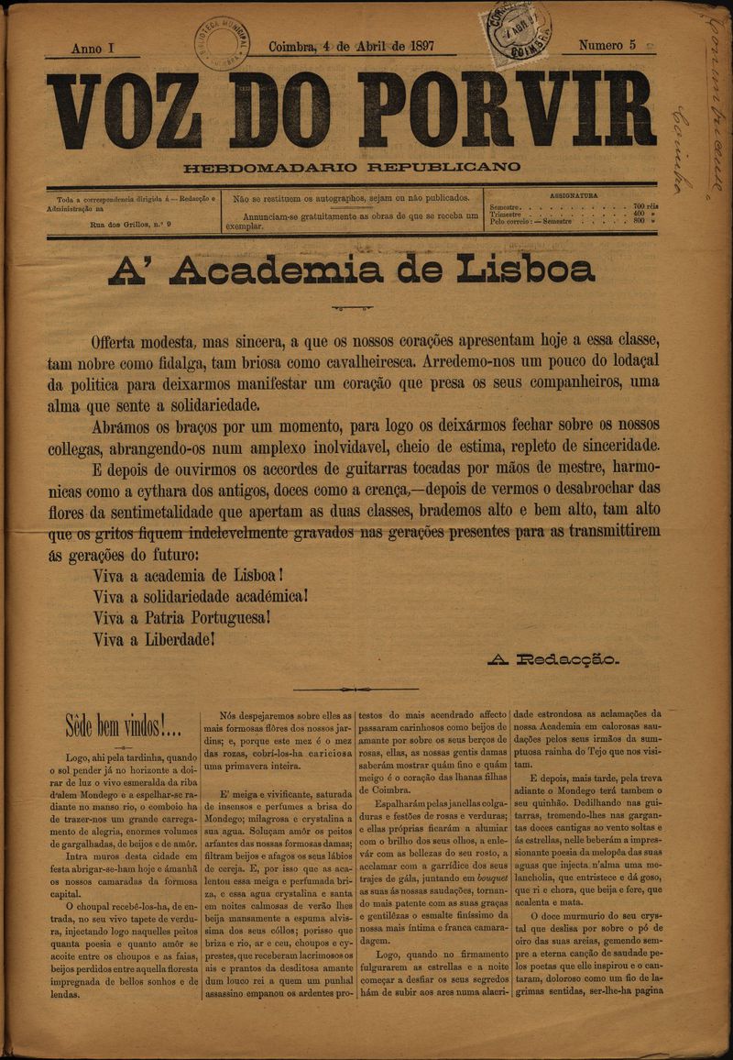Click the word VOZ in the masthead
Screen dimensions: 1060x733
[126, 110]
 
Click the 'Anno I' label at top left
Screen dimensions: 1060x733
[93, 47]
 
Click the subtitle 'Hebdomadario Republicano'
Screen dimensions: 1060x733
[352, 168]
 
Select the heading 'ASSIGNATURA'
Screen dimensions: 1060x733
[574, 195]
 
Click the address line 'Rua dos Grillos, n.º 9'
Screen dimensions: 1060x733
[136, 223]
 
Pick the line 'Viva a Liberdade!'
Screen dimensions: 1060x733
[153, 639]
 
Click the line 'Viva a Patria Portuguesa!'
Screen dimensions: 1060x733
[181, 618]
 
